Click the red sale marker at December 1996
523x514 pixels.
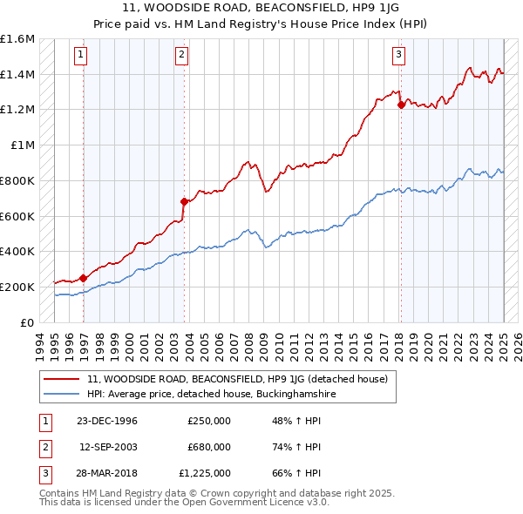(x=84, y=279)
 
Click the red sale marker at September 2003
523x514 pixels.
(x=184, y=201)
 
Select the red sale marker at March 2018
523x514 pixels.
(x=401, y=105)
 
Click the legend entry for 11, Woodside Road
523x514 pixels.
(x=242, y=379)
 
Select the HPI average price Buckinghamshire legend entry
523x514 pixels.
(x=211, y=395)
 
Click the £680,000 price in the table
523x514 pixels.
(x=209, y=447)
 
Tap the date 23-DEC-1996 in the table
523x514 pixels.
(x=107, y=421)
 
